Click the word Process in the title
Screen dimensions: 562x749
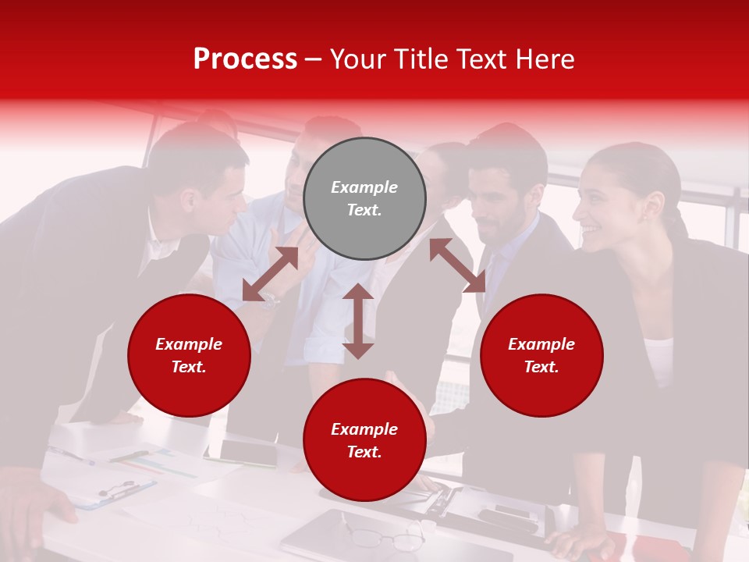[x=245, y=59]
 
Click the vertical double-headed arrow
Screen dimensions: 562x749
[x=358, y=321]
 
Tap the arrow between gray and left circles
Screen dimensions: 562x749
[x=270, y=273]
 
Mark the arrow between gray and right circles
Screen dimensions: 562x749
[x=458, y=265]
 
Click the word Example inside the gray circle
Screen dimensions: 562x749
[x=364, y=187]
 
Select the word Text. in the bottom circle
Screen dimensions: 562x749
[x=364, y=452]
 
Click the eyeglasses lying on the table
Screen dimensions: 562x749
[x=385, y=538]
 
